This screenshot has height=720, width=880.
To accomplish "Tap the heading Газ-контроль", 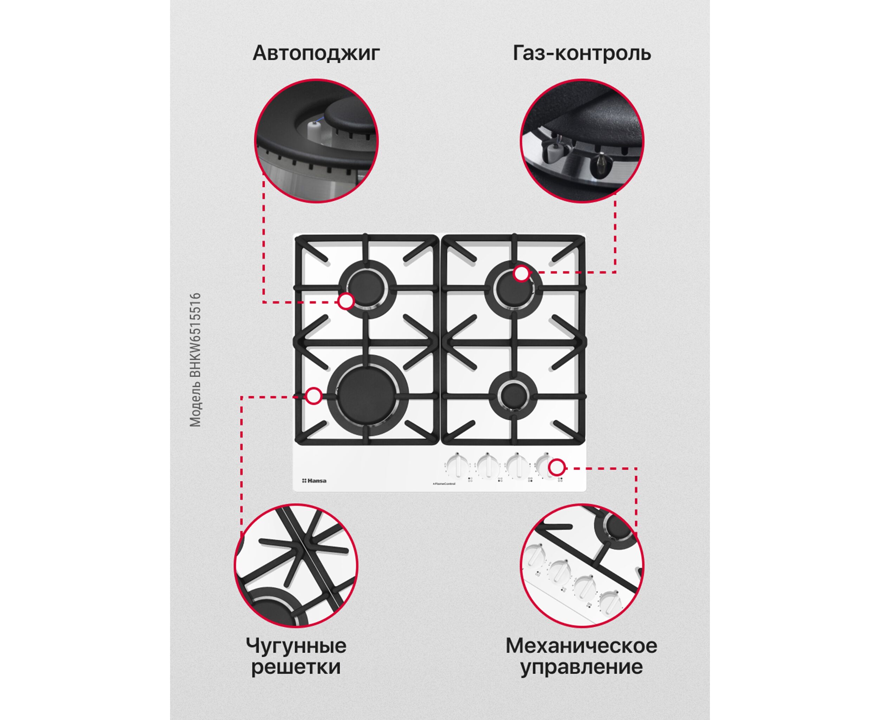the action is [x=582, y=53].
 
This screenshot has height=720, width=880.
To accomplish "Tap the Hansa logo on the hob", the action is [x=314, y=481].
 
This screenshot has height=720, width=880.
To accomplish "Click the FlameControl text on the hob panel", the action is [x=444, y=484].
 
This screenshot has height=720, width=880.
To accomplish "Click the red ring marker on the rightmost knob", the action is [x=557, y=468].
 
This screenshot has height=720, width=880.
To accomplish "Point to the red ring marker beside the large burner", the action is [x=314, y=396].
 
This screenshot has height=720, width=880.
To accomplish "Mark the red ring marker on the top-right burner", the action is [x=522, y=274].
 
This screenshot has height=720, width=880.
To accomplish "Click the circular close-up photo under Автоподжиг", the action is [x=316, y=141].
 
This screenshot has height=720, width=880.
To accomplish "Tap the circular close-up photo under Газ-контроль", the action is [x=582, y=141].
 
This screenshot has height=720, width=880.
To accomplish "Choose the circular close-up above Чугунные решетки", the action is [x=296, y=566].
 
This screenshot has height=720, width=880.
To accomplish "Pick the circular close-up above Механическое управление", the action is [x=582, y=566].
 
